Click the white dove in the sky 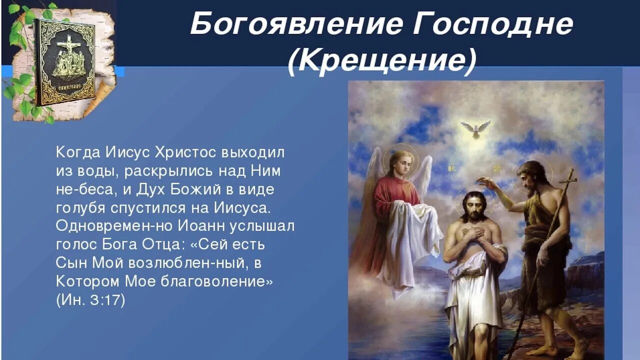(475, 128)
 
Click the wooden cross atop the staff (568, 177)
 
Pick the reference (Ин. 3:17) (90, 300)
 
